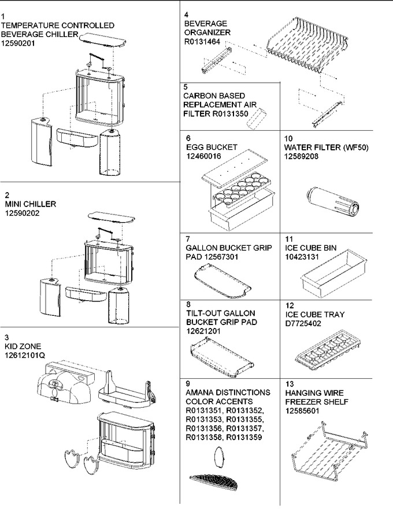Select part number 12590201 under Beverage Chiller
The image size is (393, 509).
pos(18,43)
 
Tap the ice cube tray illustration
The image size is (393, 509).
pos(328,352)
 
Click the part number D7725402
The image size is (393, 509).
pos(303,324)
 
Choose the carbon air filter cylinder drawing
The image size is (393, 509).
pos(257,119)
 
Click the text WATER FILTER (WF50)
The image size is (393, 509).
pos(326,147)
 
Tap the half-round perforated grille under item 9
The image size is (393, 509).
pos(214,481)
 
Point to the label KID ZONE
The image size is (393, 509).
pos(23,346)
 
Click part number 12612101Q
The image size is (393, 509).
pos(25,356)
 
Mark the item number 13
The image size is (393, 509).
pos(289,383)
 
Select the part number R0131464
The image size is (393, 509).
pos(202,42)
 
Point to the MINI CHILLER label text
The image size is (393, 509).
pos(31,204)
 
